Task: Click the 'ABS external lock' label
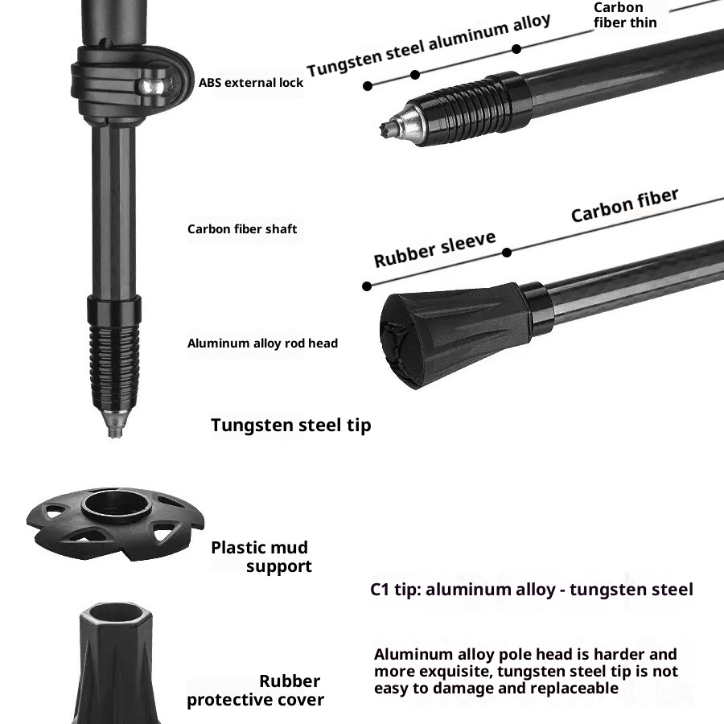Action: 251,82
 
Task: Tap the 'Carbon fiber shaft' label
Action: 242,229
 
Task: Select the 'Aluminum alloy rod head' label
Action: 262,343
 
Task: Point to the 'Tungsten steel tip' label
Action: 291,425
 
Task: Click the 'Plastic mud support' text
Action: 261,557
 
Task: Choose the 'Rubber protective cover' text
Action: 256,690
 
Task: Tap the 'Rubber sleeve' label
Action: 434,249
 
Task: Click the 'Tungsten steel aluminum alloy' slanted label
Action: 429,45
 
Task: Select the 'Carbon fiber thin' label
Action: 625,15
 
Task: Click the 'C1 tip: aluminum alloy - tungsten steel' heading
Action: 531,590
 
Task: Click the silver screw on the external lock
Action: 154,83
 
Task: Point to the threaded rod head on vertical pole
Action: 114,362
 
